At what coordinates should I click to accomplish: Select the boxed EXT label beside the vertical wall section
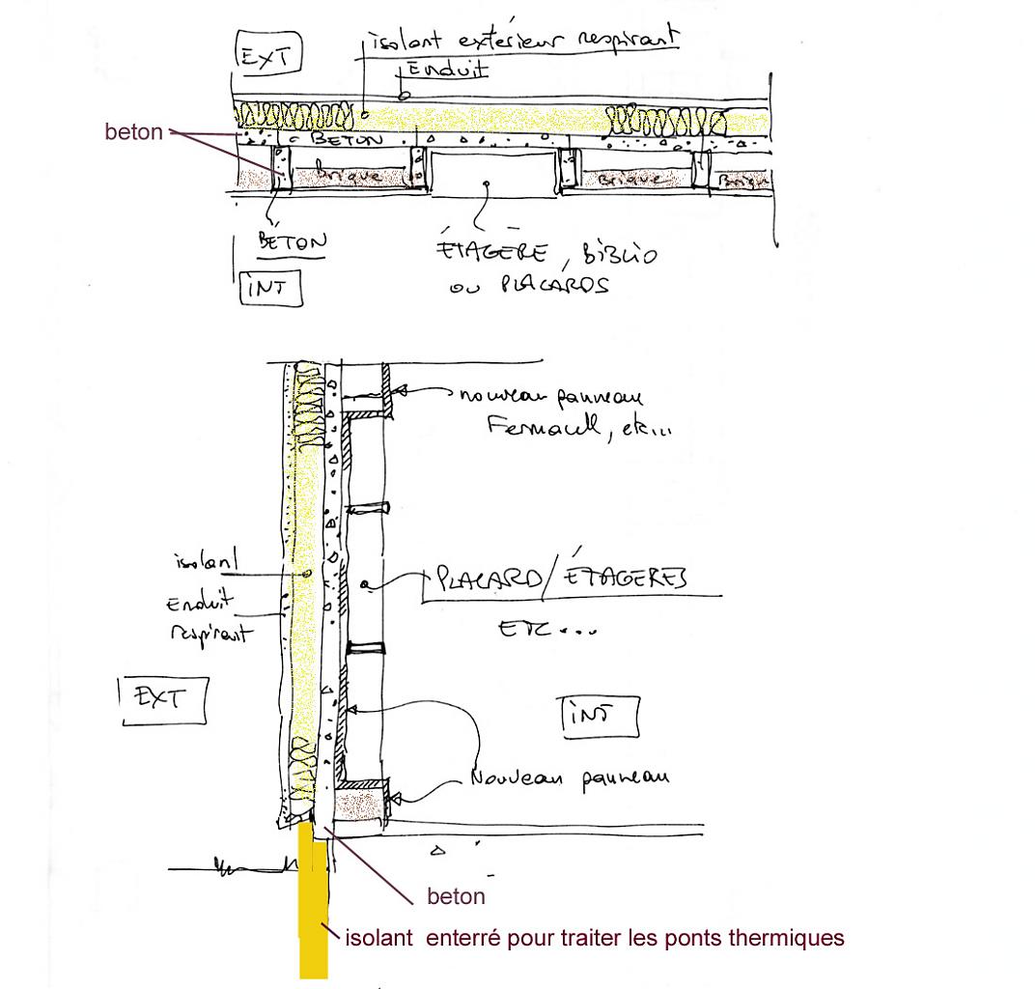[161, 699]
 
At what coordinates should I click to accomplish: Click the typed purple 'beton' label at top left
[133, 132]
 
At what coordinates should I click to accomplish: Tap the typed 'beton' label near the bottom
[456, 897]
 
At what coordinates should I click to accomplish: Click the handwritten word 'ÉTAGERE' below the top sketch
[492, 253]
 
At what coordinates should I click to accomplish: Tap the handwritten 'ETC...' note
[546, 629]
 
